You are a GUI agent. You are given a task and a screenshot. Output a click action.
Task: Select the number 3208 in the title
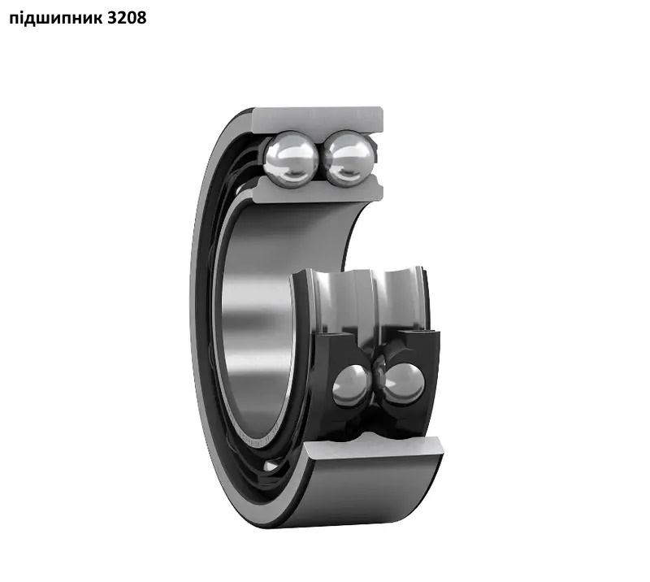127,18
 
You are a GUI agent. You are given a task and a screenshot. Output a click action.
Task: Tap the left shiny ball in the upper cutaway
292,158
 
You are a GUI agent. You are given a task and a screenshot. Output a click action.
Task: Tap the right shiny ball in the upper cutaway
349,158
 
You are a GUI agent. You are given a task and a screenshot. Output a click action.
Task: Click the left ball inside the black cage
352,385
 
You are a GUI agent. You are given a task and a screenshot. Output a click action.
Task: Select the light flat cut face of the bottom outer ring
373,448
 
